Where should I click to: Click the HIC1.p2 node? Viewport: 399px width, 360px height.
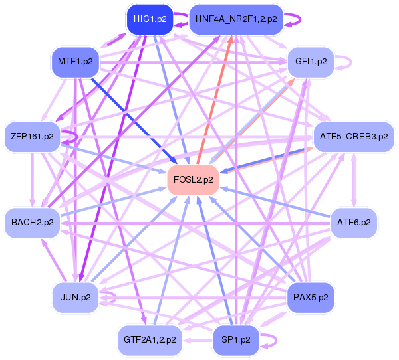click(150, 19)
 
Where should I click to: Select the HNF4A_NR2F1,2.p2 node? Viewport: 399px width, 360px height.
click(237, 19)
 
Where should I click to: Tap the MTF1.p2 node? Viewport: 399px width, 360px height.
click(74, 62)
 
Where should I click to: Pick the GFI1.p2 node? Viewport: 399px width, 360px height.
click(311, 62)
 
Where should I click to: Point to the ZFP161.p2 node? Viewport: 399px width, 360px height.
click(32, 136)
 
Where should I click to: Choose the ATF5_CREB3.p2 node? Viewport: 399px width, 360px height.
click(354, 136)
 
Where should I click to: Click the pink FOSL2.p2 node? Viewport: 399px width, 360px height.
click(194, 179)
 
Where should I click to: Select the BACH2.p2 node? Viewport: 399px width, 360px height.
click(32, 222)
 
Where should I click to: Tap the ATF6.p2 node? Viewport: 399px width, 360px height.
click(354, 222)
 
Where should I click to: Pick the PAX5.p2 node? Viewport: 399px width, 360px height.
click(311, 296)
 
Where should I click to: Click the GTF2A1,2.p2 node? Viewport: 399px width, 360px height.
click(150, 339)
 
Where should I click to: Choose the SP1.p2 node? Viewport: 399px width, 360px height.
click(236, 339)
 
